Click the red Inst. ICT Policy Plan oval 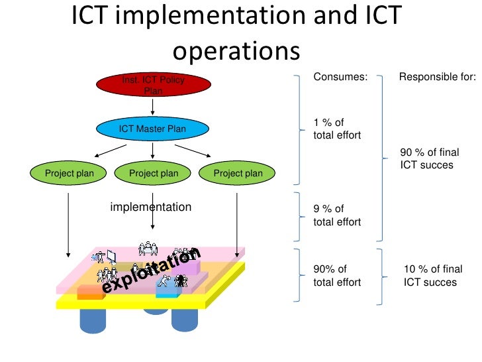tap(153, 85)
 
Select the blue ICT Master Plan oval tap(152, 129)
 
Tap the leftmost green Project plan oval tap(69, 174)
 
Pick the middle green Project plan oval tap(154, 174)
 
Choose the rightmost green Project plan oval tap(238, 174)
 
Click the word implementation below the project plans tap(151, 207)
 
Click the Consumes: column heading tap(340, 77)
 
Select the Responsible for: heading tap(436, 77)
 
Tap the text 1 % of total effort tap(337, 129)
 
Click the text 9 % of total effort tap(337, 215)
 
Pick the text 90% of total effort tap(337, 275)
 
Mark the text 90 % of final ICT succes tap(430, 158)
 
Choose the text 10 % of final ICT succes tap(430, 275)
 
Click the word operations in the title tap(236, 50)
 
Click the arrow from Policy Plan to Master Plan tap(153, 107)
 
